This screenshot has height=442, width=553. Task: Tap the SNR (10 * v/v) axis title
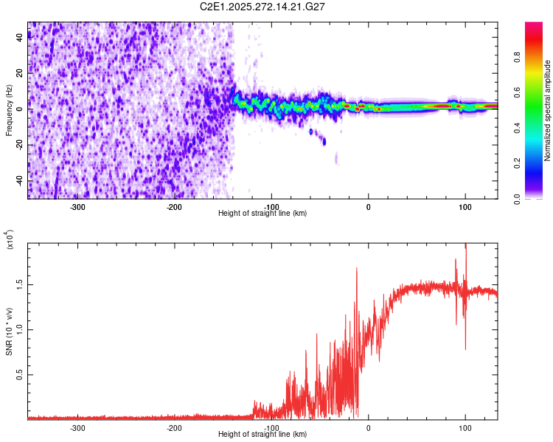[x=10, y=331]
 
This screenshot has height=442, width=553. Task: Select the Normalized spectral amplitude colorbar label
[x=547, y=110]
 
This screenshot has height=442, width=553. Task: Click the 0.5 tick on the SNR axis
[x=18, y=375]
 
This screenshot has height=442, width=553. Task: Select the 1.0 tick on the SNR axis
[x=18, y=329]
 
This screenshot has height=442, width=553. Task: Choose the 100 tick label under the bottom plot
[x=465, y=427]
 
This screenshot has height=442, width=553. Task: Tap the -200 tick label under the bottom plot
[x=174, y=427]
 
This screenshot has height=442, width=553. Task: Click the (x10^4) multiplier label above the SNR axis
[x=10, y=239]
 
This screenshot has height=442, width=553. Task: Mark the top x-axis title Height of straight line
[x=262, y=214]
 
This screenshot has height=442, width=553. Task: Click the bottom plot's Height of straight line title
[x=262, y=434]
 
